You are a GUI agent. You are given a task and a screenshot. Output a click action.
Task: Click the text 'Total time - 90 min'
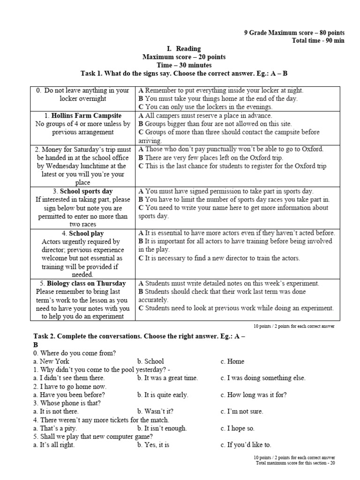pos(318,41)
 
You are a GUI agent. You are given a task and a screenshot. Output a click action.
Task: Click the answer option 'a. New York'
pos(51,361)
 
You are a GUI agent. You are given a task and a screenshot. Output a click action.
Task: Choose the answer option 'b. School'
pos(150,361)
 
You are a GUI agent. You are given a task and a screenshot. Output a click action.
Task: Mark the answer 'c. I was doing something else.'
pos(262,378)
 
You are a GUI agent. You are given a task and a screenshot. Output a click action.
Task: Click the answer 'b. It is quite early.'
pos(163,395)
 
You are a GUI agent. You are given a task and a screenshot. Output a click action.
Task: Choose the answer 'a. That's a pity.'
pos(55,428)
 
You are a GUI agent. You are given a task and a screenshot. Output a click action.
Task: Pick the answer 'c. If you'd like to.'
pos(246,445)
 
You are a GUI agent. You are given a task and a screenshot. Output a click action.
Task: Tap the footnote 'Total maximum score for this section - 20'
pos(295,463)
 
